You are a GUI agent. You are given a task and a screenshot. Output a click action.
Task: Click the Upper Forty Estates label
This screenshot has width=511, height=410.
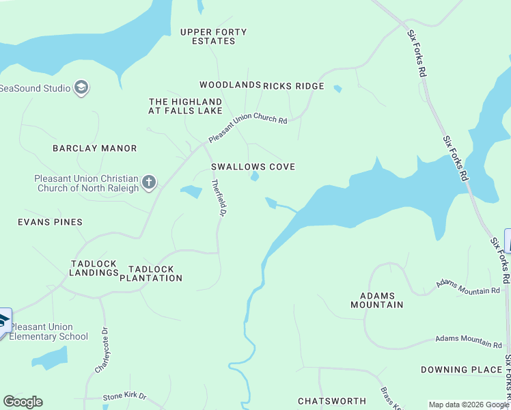213,36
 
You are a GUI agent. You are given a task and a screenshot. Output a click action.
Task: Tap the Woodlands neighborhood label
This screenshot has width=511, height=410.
230,85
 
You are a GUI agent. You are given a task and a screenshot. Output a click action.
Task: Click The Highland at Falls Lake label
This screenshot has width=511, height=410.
186,106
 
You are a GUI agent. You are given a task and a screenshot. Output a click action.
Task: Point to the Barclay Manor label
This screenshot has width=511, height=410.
95,148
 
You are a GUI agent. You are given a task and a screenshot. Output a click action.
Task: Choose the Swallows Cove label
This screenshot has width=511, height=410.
253,167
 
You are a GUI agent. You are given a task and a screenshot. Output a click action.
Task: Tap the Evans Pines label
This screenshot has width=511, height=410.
50,222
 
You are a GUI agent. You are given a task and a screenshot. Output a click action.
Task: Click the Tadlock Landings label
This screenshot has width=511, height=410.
94,268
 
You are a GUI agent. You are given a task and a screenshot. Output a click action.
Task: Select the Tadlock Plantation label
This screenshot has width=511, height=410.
151,273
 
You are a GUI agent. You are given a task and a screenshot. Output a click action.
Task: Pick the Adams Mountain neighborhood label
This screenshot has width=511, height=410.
376,300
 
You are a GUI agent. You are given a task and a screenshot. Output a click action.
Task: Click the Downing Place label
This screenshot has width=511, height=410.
461,370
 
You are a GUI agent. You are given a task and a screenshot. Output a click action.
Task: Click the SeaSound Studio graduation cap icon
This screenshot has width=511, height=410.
82,87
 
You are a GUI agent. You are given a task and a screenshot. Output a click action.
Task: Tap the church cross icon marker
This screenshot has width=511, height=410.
149,183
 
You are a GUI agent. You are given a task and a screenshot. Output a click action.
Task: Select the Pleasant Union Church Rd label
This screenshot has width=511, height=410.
248,127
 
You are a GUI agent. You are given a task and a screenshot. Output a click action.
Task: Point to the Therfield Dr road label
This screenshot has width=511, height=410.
219,198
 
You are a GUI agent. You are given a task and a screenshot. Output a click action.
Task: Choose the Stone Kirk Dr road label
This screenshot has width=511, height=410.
125,397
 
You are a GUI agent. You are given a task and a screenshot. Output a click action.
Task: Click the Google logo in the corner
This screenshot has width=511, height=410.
23,402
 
